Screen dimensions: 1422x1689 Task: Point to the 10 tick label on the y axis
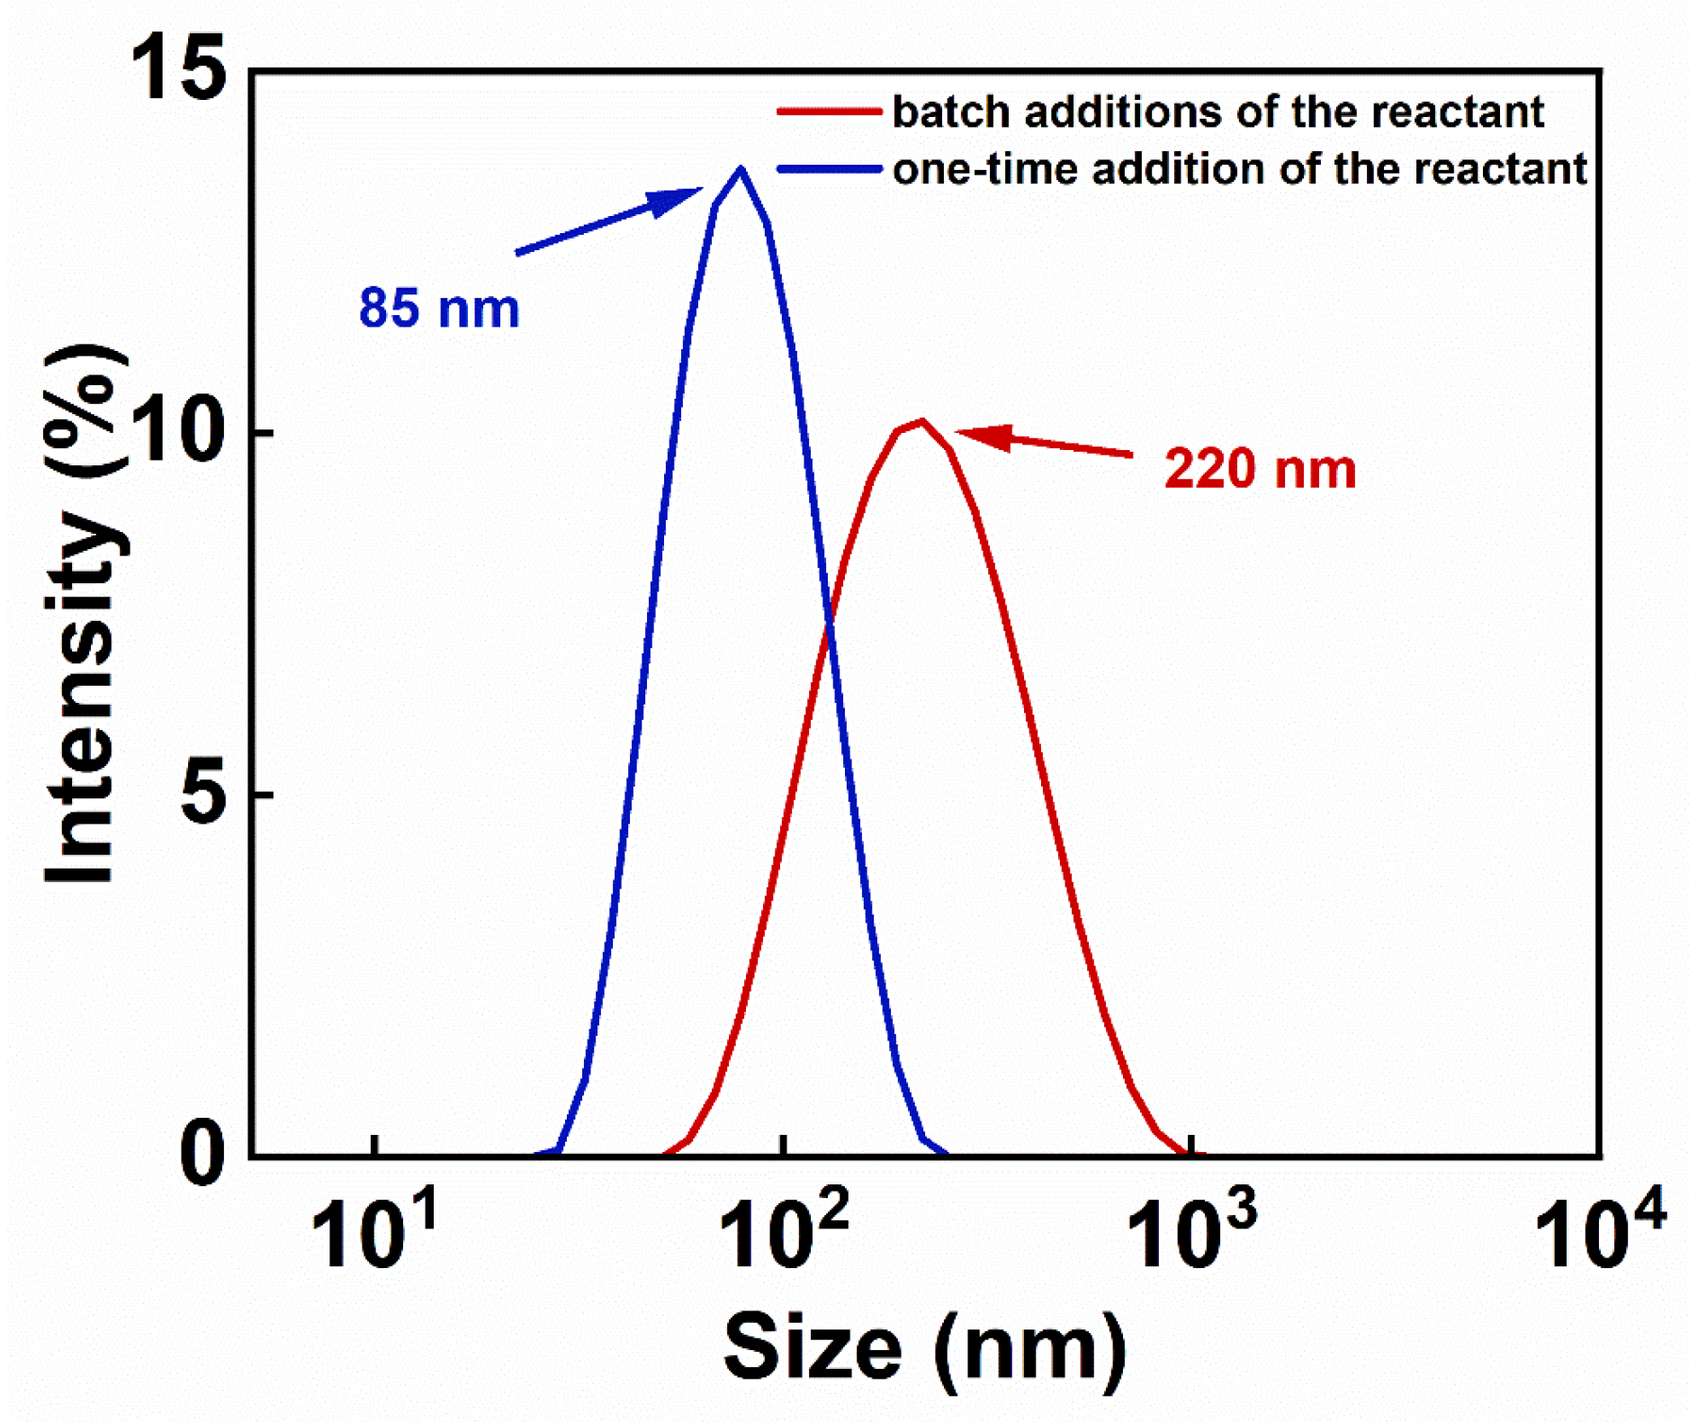(177, 431)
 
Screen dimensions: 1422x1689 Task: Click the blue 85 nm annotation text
(439, 308)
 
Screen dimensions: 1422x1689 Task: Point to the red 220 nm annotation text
(1260, 469)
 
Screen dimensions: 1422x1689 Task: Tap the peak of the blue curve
(741, 169)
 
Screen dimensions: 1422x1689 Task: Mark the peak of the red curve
(921, 421)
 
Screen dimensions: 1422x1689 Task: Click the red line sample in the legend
(828, 112)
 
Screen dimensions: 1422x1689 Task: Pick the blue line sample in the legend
(828, 168)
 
